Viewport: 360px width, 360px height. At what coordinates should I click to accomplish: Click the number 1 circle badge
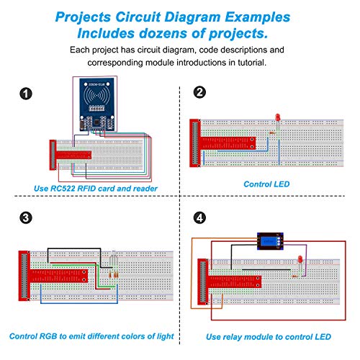coord(26,94)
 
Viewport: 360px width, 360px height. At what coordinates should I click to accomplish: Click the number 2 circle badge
coord(199,92)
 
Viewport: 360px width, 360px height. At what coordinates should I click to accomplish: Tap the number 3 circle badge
coord(26,218)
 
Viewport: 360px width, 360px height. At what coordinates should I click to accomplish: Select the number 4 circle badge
coord(199,218)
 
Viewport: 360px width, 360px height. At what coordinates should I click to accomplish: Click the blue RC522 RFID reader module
coord(96,104)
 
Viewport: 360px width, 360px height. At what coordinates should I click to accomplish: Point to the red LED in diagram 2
coord(278,117)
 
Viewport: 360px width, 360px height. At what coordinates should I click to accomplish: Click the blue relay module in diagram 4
coord(271,241)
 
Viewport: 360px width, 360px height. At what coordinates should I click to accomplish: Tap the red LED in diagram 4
coord(300,259)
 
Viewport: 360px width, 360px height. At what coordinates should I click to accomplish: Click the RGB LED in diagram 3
coord(114,254)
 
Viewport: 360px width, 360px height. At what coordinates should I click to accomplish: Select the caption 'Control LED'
coord(266,184)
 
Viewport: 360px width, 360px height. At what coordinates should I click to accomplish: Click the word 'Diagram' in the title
coord(192,17)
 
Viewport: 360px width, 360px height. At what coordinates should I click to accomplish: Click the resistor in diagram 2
coord(272,132)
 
